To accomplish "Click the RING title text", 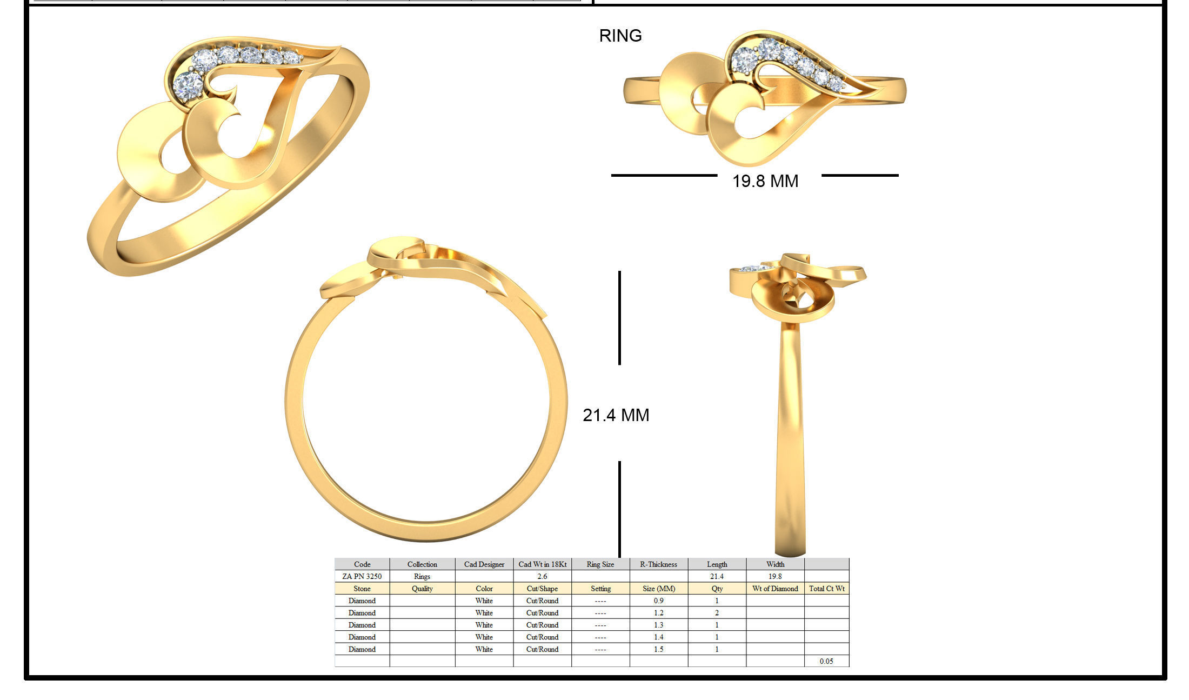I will point(620,36).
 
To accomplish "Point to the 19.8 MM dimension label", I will point(765,181).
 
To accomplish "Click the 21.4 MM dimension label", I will point(616,415).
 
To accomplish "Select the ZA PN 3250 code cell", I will point(362,576).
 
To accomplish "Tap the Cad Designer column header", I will point(484,564).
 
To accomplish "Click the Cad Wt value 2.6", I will point(542,576).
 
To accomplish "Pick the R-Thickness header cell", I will point(658,564).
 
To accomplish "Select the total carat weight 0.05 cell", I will point(826,661).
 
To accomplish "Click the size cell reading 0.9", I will point(658,601).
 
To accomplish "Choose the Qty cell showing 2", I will point(717,613).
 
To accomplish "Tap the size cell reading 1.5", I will point(658,649).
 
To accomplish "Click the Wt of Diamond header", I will point(775,589).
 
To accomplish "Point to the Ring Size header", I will point(600,564).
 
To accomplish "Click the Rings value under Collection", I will point(422,576).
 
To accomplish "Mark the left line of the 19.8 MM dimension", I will point(664,175).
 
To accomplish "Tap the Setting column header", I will point(600,589).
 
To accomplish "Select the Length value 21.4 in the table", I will point(717,576).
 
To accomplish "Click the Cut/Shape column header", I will point(542,589).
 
